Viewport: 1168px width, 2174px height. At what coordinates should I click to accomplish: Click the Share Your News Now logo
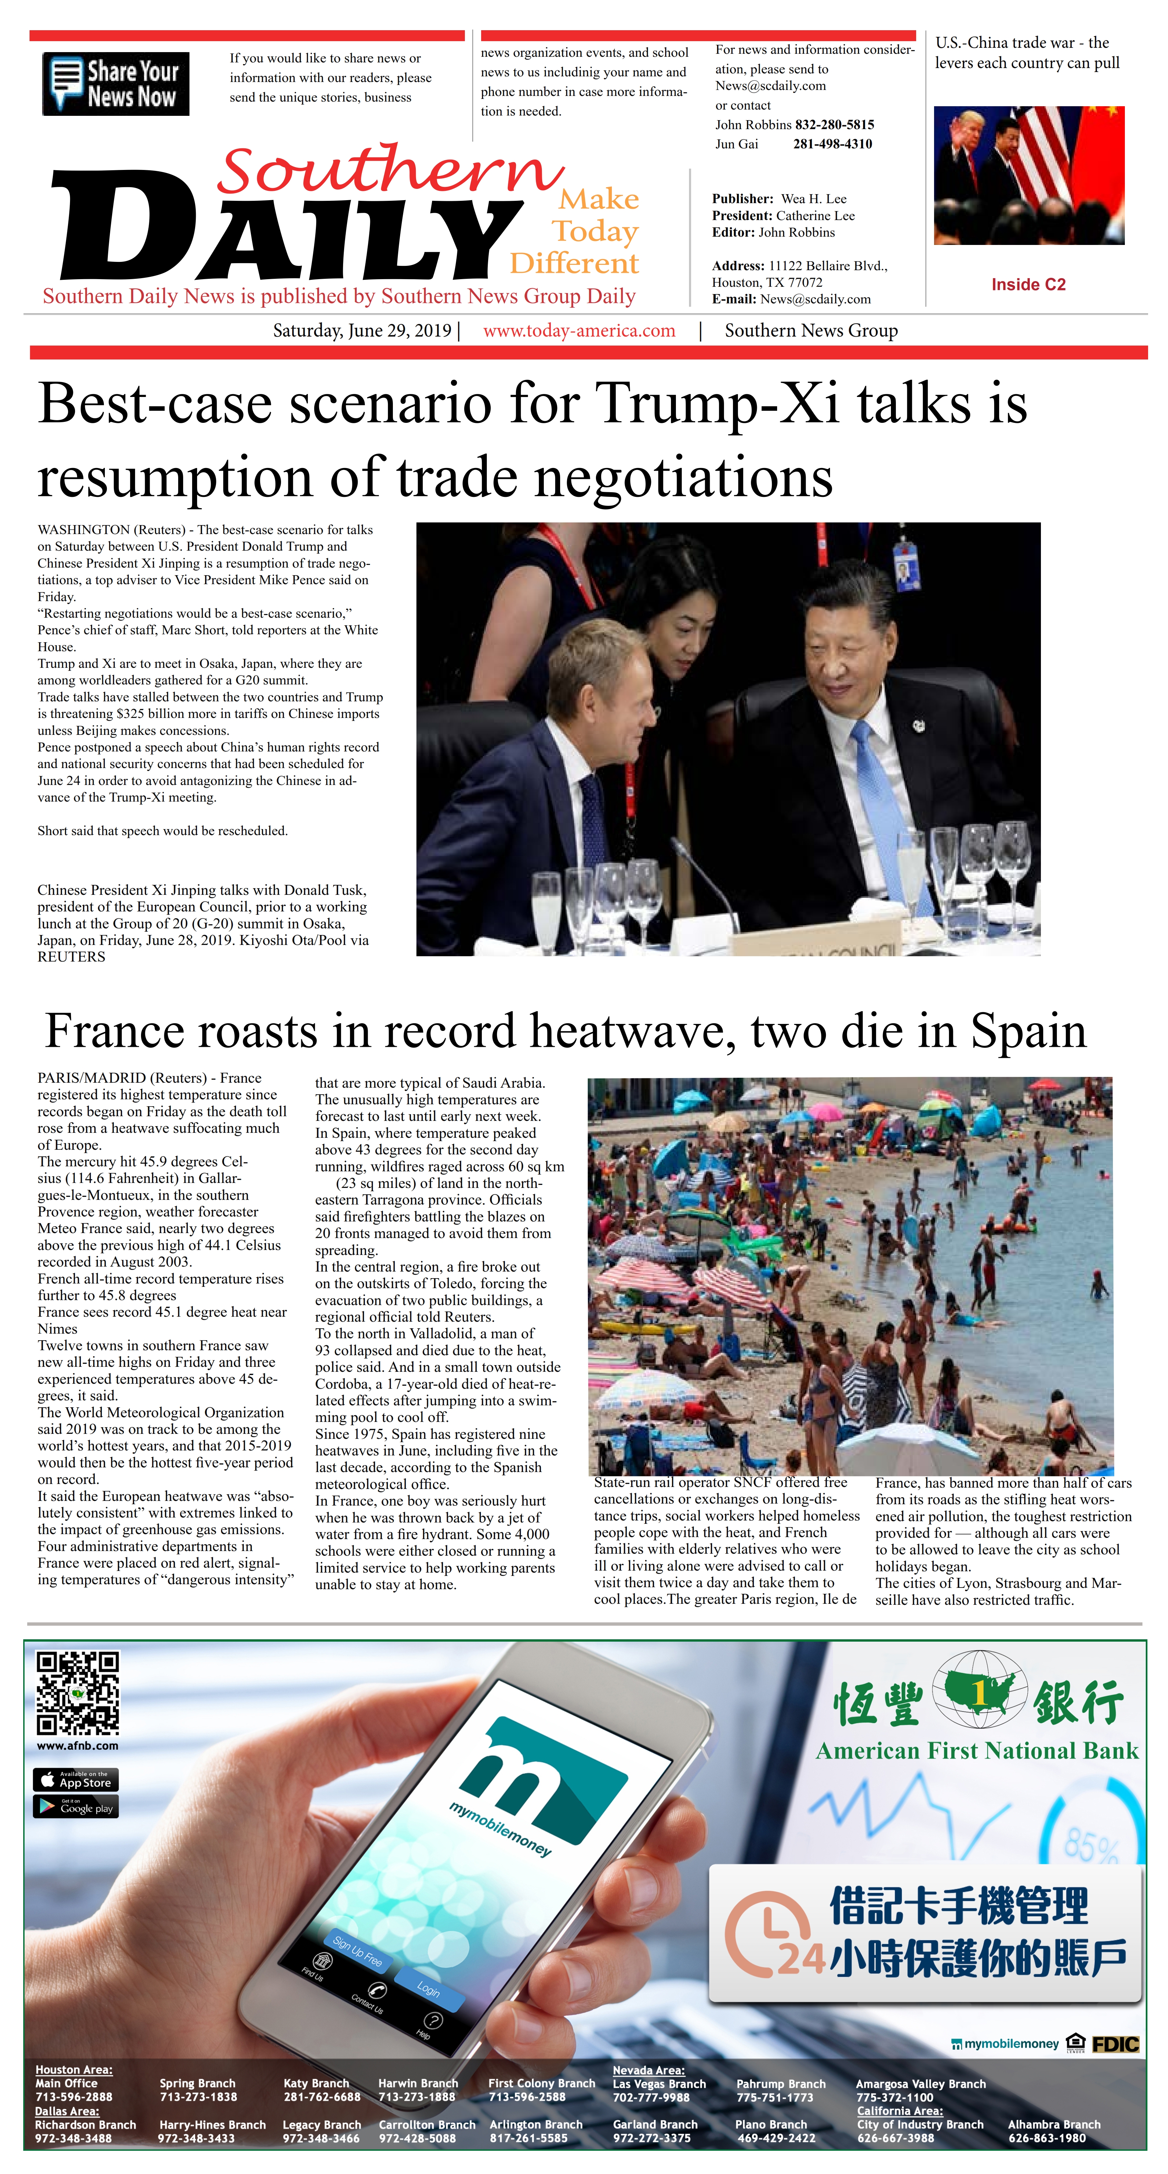click(115, 84)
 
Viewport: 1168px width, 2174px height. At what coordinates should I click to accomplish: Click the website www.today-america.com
click(579, 331)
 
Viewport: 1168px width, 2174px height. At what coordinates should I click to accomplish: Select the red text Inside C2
click(1028, 284)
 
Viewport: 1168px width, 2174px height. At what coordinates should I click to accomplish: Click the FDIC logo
click(1116, 2044)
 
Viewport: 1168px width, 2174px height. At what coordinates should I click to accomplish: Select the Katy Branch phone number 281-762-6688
click(322, 2096)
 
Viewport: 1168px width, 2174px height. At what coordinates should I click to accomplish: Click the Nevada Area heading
click(648, 2070)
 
